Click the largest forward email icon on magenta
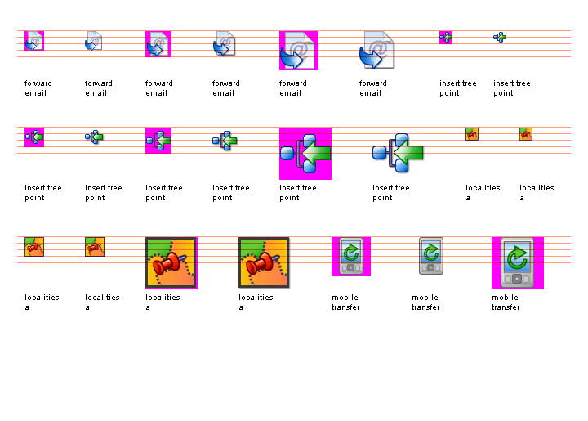(299, 51)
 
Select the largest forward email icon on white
(377, 51)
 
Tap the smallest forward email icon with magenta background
(34, 41)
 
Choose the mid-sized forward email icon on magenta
(158, 44)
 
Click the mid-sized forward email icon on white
(224, 44)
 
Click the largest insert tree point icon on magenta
(305, 153)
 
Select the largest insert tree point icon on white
(399, 151)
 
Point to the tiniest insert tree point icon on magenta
(446, 37)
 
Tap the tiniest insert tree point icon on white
(500, 37)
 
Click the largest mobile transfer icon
(517, 263)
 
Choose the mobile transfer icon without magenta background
(430, 256)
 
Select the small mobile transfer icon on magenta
(350, 256)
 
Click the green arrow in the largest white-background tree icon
(408, 151)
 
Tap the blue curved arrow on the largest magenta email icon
(292, 58)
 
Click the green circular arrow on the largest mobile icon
(517, 258)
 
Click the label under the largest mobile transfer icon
(506, 302)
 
